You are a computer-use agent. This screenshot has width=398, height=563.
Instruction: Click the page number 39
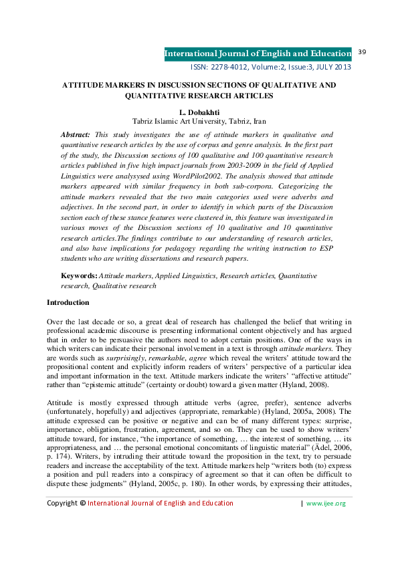tap(364, 52)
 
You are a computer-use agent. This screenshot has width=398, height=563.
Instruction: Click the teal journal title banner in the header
tap(258, 53)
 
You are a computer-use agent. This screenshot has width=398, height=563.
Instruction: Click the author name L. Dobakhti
tap(199, 111)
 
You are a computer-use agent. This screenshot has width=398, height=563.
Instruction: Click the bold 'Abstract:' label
tap(76, 134)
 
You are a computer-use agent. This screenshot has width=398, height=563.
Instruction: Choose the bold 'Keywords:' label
tap(79, 275)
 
